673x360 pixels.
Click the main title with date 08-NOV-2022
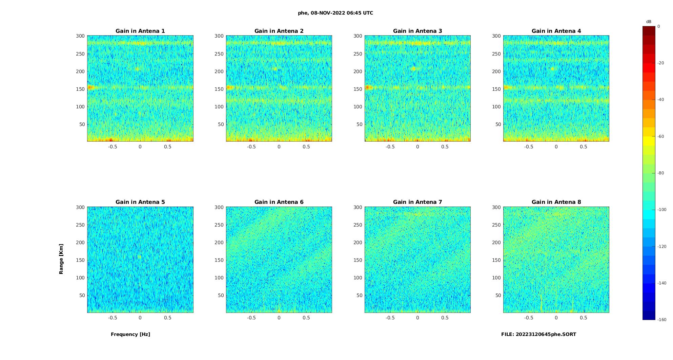(x=335, y=13)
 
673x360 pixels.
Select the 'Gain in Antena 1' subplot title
(x=140, y=31)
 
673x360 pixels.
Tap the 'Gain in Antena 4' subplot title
(x=556, y=31)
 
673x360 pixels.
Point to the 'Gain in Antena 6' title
(x=279, y=202)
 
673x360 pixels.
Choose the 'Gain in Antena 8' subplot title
(x=556, y=202)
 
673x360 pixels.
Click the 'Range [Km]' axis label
(x=61, y=259)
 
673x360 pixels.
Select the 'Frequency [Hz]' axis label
(x=130, y=334)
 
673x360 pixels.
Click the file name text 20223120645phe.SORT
(x=538, y=334)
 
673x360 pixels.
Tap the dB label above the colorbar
(x=649, y=22)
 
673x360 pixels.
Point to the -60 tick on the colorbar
(x=661, y=136)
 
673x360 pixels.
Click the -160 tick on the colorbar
(x=662, y=320)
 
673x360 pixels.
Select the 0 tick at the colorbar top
(x=659, y=26)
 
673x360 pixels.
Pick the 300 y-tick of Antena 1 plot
(x=80, y=36)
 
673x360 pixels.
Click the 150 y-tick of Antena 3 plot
(x=358, y=89)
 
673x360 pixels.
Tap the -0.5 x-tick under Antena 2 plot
(x=251, y=147)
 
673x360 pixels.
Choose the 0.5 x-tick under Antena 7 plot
(x=445, y=318)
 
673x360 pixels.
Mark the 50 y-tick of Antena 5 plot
(x=82, y=295)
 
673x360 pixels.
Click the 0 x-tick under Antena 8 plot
(x=556, y=318)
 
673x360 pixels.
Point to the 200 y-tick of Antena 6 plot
(x=219, y=242)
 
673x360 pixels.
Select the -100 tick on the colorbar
(x=662, y=210)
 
